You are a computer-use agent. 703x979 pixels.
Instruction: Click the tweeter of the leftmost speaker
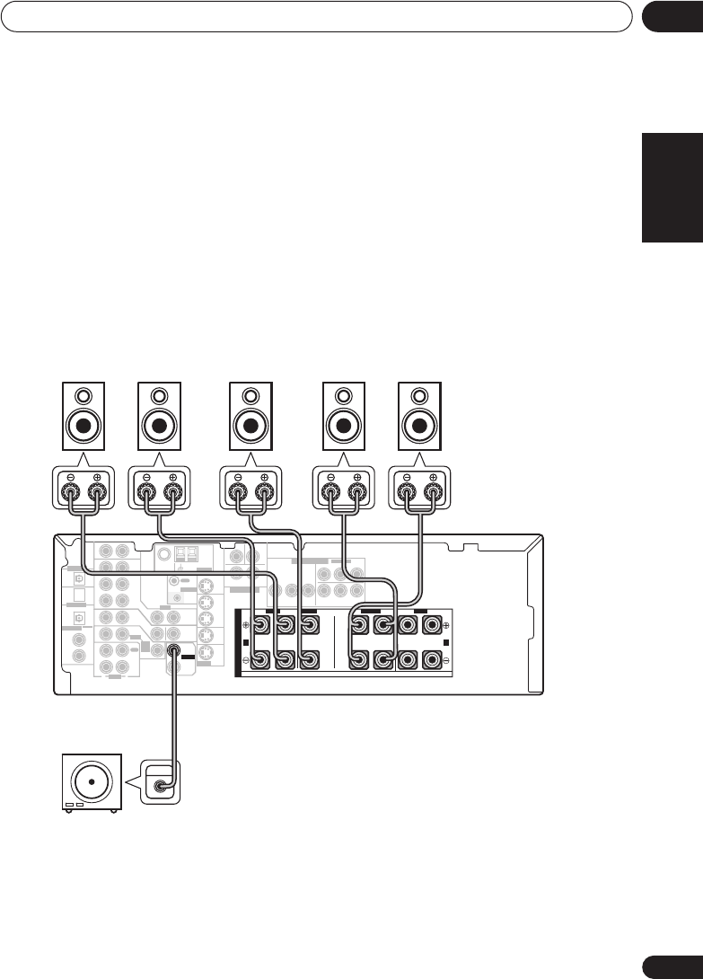tap(83, 394)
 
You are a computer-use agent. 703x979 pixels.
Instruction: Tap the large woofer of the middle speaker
tap(251, 425)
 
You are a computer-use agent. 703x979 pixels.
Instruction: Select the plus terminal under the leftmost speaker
tap(96, 491)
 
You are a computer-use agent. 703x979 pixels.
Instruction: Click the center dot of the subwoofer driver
tap(90, 780)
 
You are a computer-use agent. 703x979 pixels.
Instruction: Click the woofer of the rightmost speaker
tap(420, 425)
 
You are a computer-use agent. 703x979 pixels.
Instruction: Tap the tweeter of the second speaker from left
tap(160, 394)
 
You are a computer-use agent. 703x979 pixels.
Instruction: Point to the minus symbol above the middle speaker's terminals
tap(239, 477)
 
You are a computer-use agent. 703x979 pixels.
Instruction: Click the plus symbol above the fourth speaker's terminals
tap(357, 477)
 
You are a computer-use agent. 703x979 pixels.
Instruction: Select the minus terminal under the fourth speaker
tap(332, 491)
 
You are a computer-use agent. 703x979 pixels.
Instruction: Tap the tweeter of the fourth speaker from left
tap(345, 394)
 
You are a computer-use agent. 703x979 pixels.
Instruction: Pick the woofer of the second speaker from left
tap(160, 425)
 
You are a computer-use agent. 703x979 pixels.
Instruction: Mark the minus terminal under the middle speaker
tap(239, 491)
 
